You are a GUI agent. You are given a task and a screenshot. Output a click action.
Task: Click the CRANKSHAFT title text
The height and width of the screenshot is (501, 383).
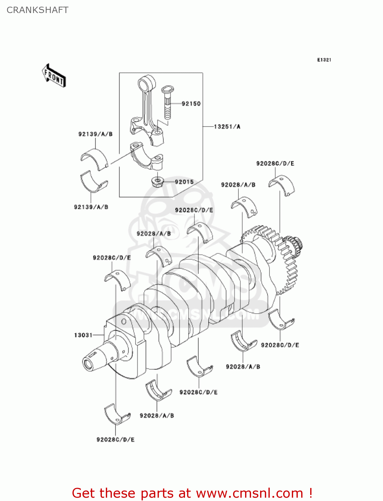(x=37, y=10)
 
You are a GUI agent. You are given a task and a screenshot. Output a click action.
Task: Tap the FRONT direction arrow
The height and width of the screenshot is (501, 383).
(x=53, y=76)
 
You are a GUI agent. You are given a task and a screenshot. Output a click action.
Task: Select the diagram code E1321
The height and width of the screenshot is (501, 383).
(x=324, y=60)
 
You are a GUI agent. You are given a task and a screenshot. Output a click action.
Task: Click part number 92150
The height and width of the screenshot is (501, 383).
(x=191, y=104)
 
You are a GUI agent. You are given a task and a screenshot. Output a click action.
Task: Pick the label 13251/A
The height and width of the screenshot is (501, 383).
(x=227, y=127)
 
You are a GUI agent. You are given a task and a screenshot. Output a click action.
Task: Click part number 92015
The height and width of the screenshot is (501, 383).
(x=184, y=182)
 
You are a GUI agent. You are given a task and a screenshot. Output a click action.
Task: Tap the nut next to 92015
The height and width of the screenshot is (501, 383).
(x=157, y=182)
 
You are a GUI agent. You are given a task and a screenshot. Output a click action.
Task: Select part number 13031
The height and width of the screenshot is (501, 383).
(x=83, y=335)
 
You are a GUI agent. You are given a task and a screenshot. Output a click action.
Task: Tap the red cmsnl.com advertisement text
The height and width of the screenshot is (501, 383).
(x=192, y=493)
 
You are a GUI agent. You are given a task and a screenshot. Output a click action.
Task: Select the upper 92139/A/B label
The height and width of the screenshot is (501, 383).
(x=95, y=134)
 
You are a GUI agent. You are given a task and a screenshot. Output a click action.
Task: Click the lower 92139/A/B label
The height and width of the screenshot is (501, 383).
(x=91, y=207)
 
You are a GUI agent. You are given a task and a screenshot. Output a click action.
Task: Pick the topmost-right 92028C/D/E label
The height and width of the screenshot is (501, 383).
(x=275, y=164)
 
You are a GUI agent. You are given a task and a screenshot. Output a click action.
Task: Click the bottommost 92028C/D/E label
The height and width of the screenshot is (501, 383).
(x=116, y=440)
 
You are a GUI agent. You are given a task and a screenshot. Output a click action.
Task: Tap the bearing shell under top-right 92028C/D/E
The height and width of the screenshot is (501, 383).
(x=282, y=185)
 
